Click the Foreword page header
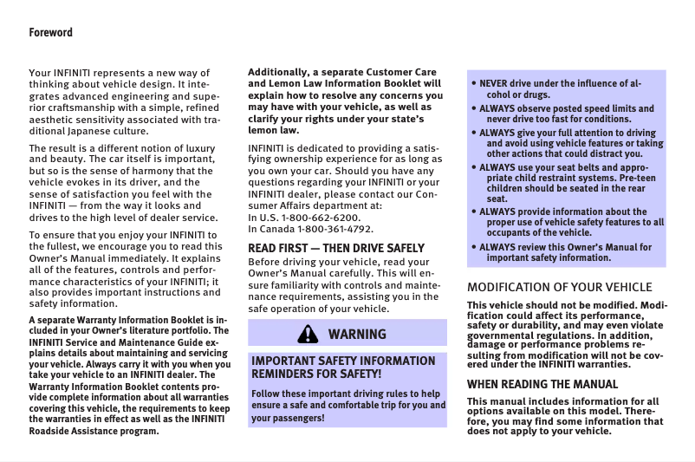click(51, 33)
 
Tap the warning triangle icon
click(307, 334)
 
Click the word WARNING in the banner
click(357, 334)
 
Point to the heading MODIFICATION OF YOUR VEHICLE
click(559, 287)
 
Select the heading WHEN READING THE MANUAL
click(542, 384)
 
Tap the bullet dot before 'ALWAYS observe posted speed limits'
click(474, 109)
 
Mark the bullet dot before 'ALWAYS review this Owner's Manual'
click(474, 248)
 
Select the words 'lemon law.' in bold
click(274, 129)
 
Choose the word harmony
click(157, 171)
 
